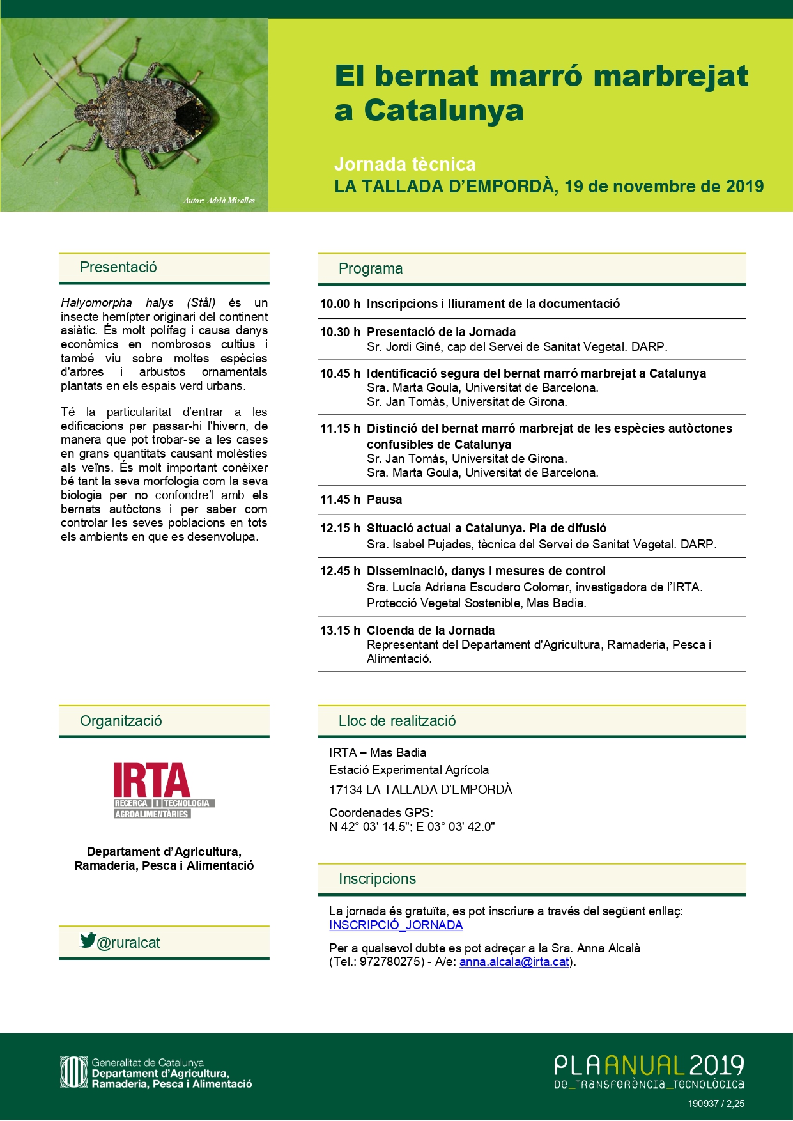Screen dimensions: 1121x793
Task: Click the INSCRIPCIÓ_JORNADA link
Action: (x=396, y=925)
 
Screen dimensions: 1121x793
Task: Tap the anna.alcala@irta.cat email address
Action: (x=514, y=962)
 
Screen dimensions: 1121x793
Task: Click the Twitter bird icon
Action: (x=88, y=940)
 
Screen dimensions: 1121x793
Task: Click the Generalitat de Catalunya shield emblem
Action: (x=73, y=1072)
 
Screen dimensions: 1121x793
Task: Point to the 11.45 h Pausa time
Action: (x=340, y=500)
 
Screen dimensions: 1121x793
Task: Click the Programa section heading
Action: (x=371, y=268)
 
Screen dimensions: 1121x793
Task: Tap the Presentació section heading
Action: (x=118, y=267)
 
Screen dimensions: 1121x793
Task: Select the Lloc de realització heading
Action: (x=397, y=721)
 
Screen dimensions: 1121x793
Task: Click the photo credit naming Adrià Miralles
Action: (x=219, y=201)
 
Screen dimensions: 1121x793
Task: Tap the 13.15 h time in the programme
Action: (x=340, y=631)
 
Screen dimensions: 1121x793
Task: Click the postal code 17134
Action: (x=346, y=790)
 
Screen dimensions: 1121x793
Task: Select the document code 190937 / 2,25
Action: (x=716, y=1104)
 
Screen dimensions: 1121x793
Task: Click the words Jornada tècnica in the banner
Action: (x=404, y=164)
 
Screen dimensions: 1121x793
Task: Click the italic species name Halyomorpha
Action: (x=96, y=303)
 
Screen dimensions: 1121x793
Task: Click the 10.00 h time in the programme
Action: (x=340, y=304)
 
